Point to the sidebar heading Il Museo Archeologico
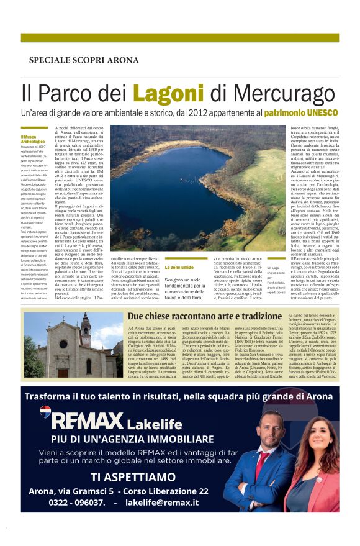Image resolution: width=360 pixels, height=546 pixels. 32,139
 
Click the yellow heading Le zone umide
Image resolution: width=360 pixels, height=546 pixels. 178,267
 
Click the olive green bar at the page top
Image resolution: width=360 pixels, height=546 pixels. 179,38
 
